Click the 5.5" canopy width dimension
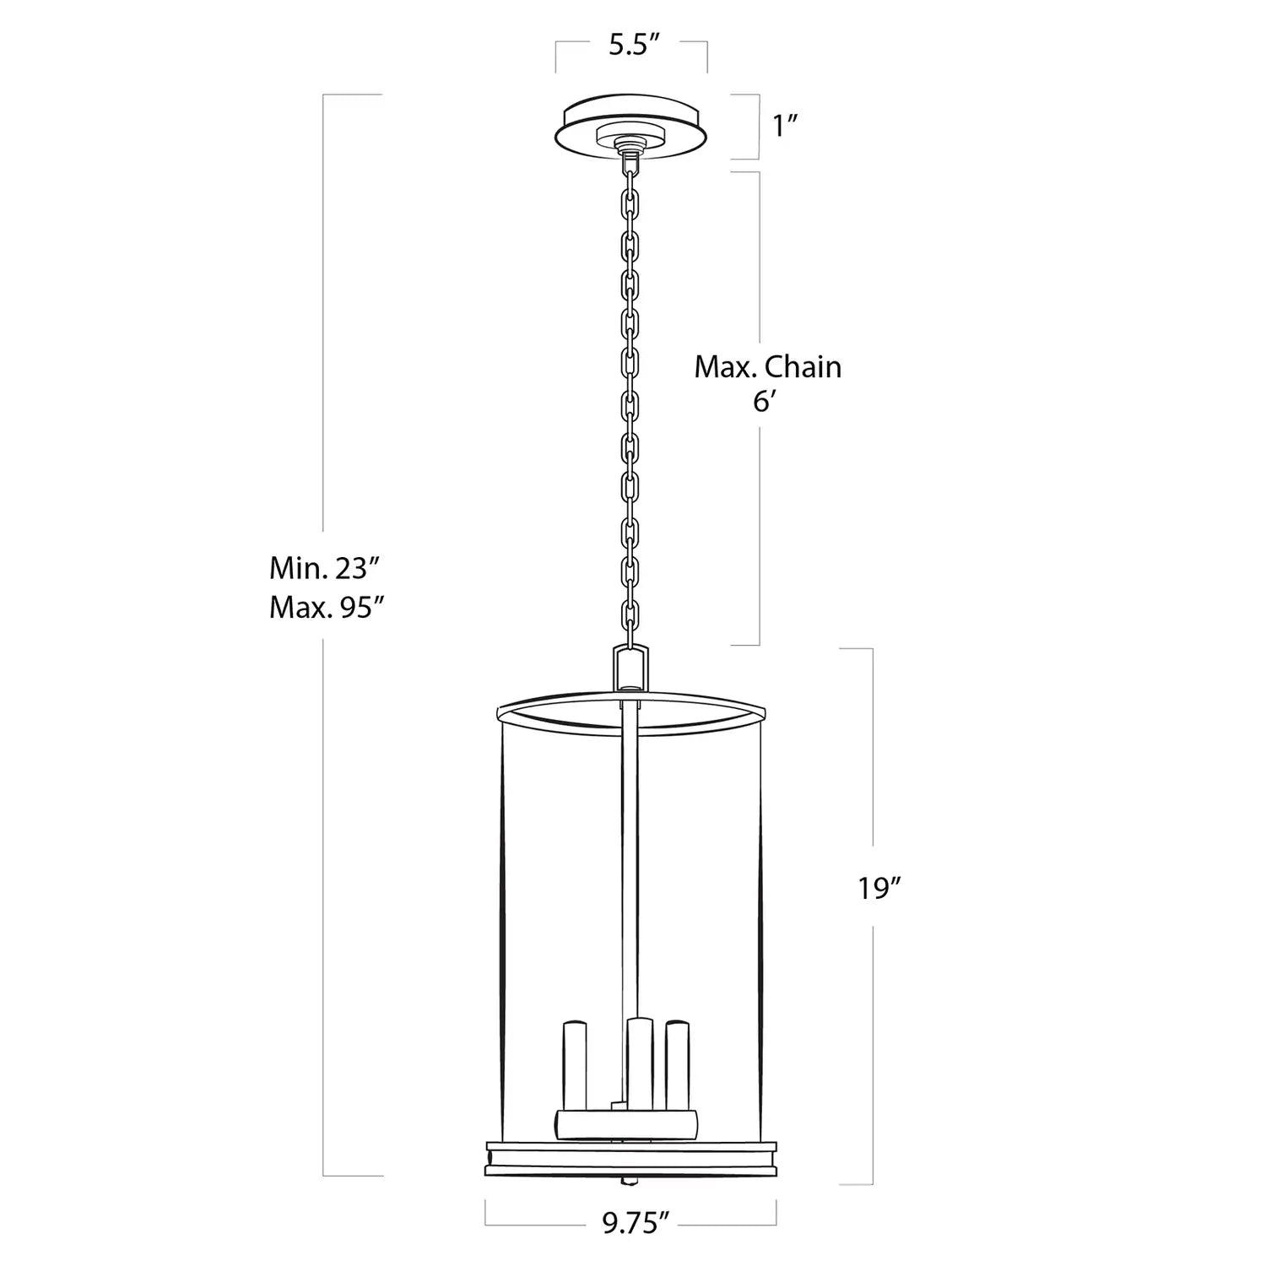(x=633, y=46)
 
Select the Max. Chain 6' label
(x=768, y=383)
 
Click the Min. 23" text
(x=320, y=568)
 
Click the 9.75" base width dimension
(x=636, y=1223)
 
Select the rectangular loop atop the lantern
(x=630, y=669)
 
